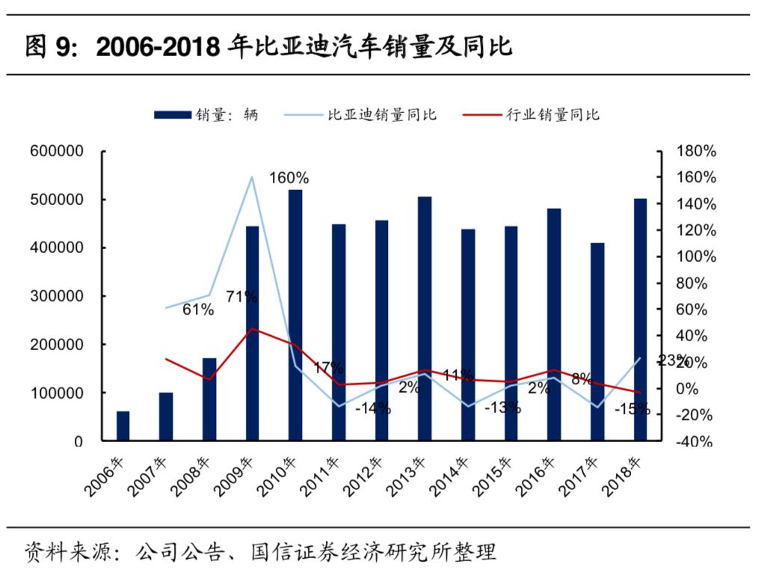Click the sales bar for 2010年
pyautogui.click(x=295, y=315)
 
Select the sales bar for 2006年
pyautogui.click(x=123, y=426)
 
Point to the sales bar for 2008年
pyautogui.click(x=209, y=399)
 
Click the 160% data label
pyautogui.click(x=289, y=178)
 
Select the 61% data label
pyautogui.click(x=198, y=310)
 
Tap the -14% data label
pyautogui.click(x=372, y=408)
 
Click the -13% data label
pyautogui.click(x=502, y=408)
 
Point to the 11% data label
pyautogui.click(x=458, y=375)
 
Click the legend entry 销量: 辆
pyautogui.click(x=206, y=115)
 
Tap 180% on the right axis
pyautogui.click(x=695, y=151)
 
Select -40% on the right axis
pyautogui.click(x=695, y=441)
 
